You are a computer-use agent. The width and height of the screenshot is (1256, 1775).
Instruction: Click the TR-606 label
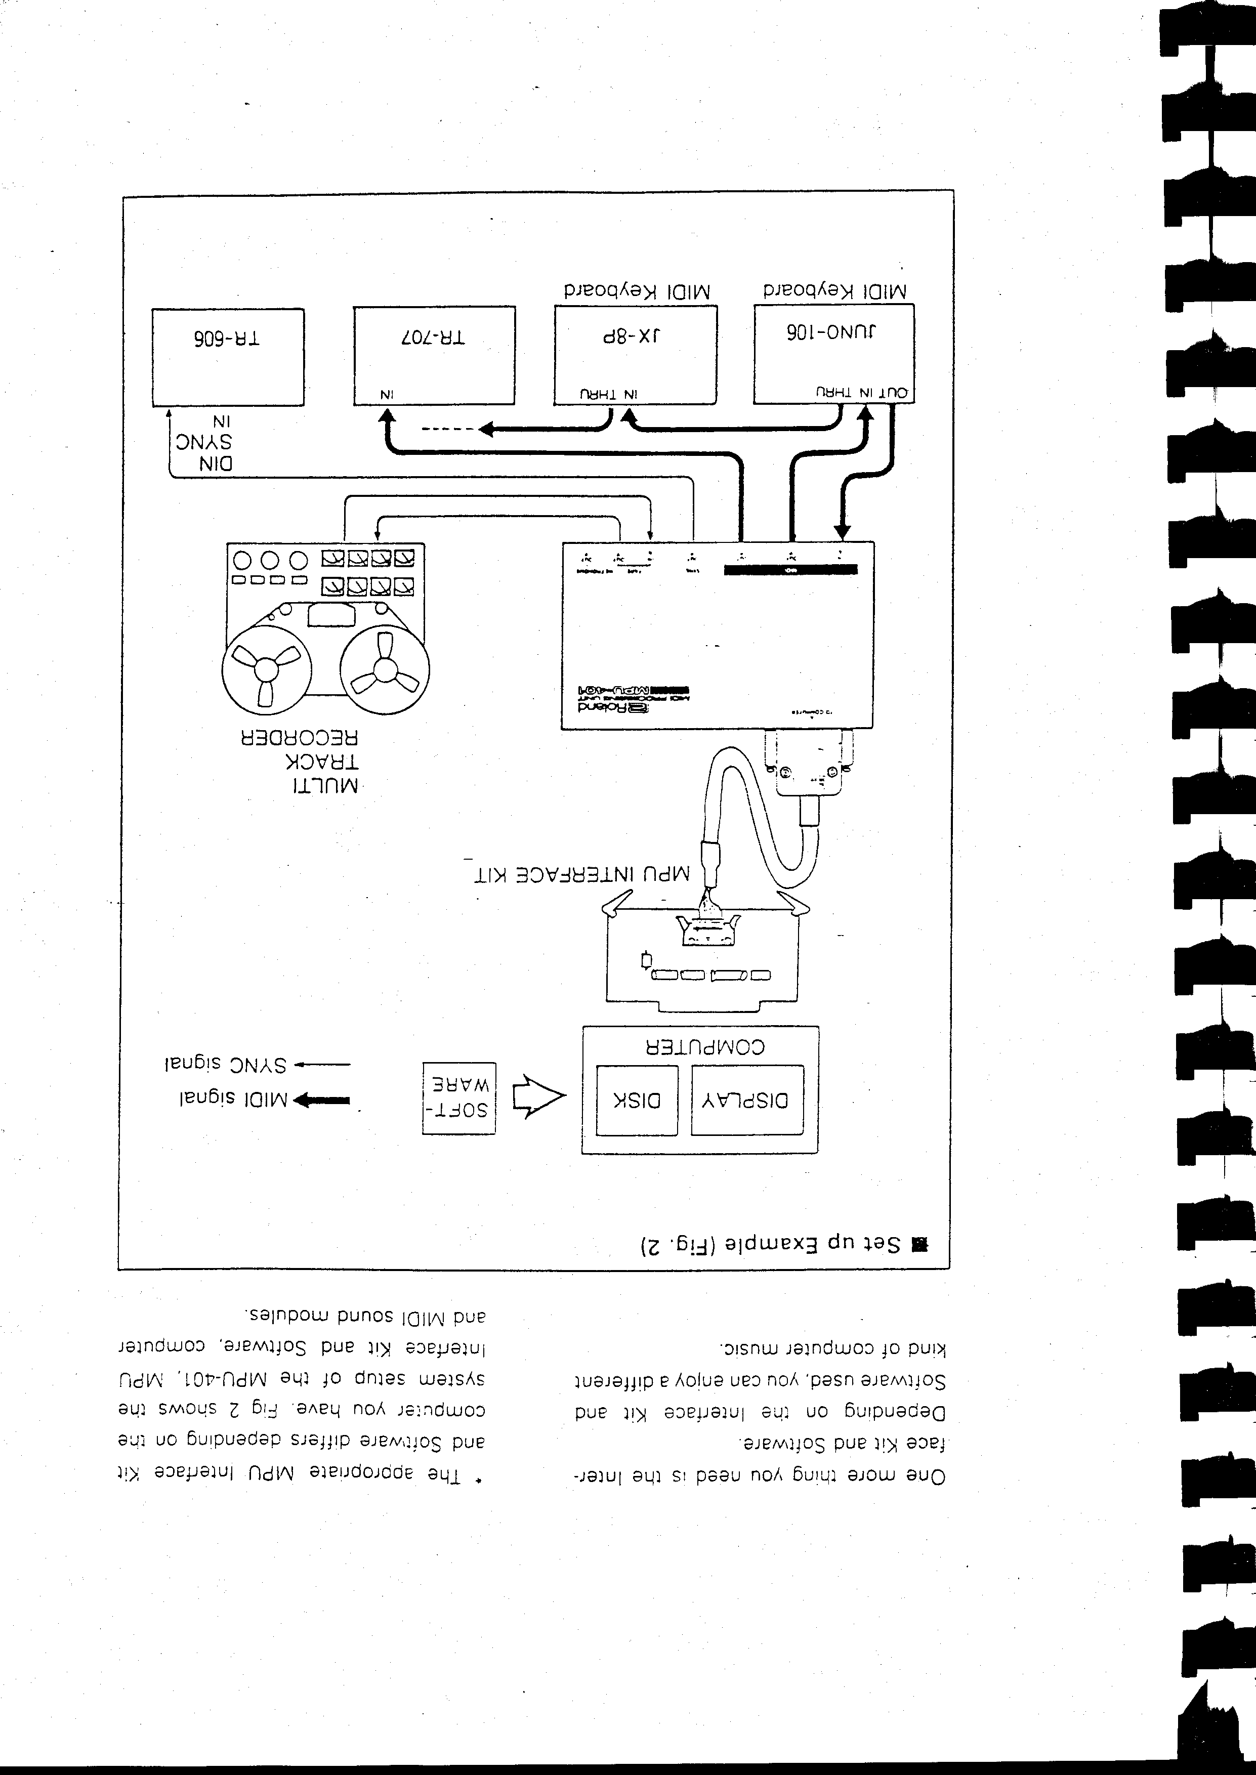point(227,339)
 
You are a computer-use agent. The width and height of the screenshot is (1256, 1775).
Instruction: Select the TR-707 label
point(433,338)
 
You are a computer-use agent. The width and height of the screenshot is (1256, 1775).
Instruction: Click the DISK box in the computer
point(637,1100)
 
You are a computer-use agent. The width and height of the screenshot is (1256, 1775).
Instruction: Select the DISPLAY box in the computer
point(746,1100)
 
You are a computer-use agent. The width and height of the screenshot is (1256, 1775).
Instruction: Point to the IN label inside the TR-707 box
point(386,394)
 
